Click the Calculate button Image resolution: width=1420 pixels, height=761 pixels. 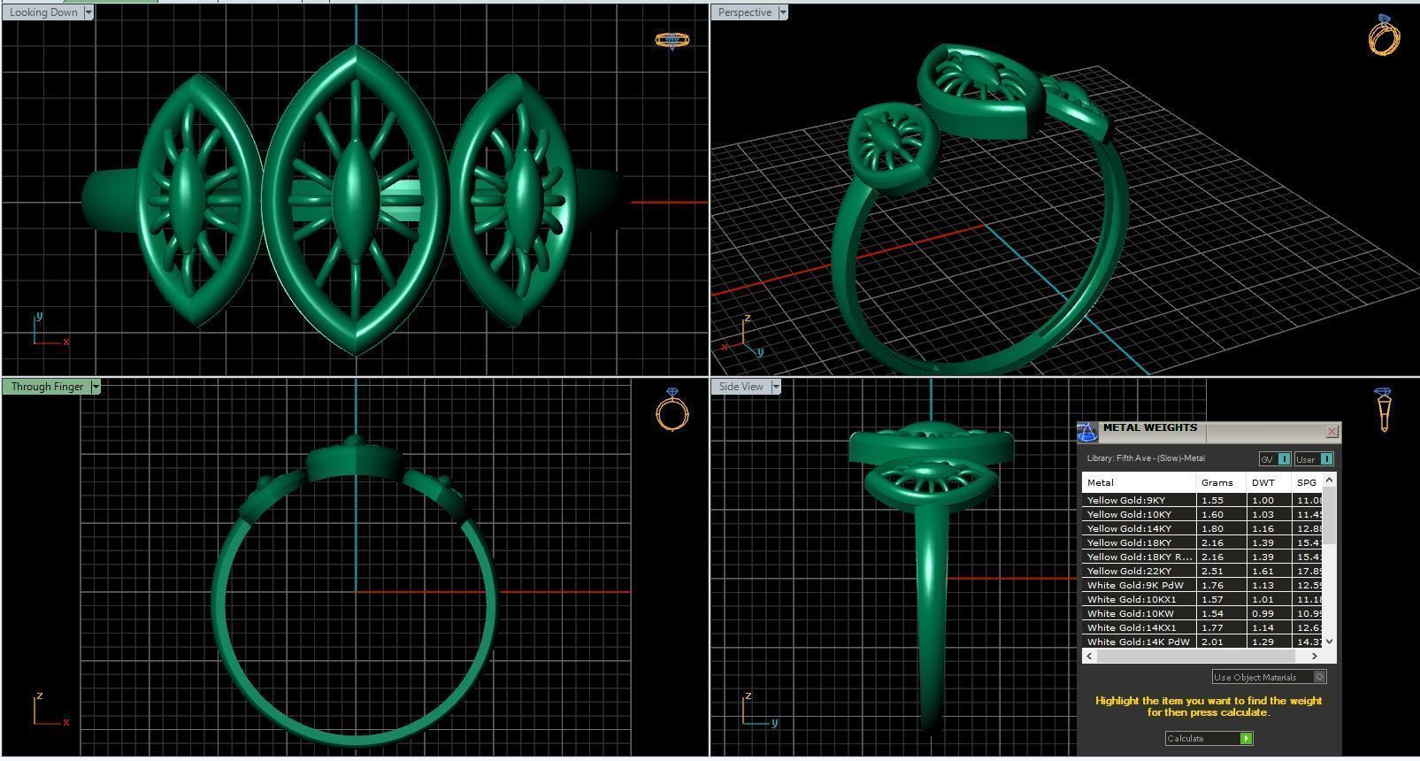coord(1209,738)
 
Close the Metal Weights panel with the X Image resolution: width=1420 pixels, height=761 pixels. coord(1332,432)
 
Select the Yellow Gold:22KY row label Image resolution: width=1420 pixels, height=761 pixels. coord(1129,571)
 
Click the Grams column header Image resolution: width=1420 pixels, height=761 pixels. coord(1217,482)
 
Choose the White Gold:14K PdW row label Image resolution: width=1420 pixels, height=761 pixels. coord(1138,642)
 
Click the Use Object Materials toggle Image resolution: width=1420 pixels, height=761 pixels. coord(1319,677)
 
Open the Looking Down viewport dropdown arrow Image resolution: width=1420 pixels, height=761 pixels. coord(88,12)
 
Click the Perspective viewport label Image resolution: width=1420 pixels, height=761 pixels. coord(744,12)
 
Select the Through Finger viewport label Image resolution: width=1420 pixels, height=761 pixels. coord(47,387)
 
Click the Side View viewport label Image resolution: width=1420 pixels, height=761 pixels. coord(741,387)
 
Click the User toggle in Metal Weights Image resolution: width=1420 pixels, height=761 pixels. coord(1313,459)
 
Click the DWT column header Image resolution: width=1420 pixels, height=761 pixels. coord(1263,482)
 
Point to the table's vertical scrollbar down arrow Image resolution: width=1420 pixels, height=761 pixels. coord(1329,642)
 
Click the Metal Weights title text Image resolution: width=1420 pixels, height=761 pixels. coord(1149,428)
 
